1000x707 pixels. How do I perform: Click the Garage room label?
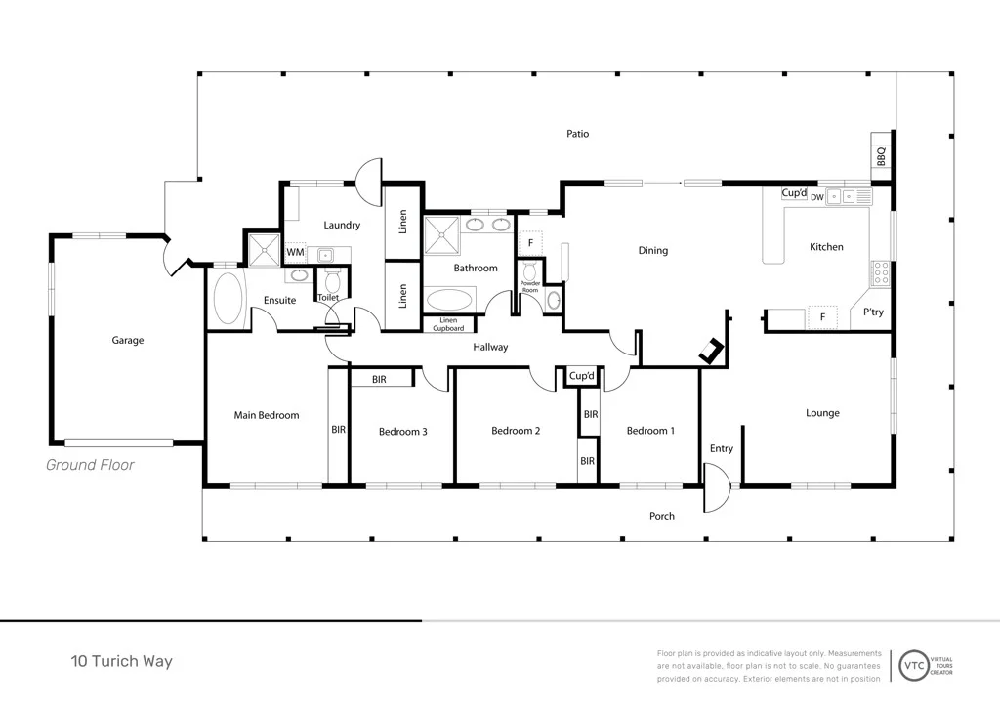pos(128,341)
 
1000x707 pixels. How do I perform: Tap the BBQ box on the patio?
pos(881,156)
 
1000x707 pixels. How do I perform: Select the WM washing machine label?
pos(295,253)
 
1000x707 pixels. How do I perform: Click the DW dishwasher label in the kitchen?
pos(817,197)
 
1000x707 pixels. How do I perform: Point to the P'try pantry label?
pos(873,312)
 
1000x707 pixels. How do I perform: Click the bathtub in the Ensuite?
pos(229,299)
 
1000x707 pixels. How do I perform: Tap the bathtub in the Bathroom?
pos(449,300)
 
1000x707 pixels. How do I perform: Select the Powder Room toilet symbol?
pos(529,271)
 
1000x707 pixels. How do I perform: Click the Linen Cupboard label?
pos(448,324)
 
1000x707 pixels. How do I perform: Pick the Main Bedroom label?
pos(267,416)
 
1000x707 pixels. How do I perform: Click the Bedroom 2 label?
pos(516,431)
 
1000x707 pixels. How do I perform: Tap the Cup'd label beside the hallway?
pos(582,376)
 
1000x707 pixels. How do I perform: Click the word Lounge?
pos(822,413)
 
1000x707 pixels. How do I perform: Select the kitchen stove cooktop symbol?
pos(881,272)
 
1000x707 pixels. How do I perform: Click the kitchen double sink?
pos(841,197)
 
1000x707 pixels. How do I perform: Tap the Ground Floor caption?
pos(90,465)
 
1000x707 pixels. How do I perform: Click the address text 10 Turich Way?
pos(121,661)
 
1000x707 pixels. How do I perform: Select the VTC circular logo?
pos(914,666)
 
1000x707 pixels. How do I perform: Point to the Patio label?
pos(578,134)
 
